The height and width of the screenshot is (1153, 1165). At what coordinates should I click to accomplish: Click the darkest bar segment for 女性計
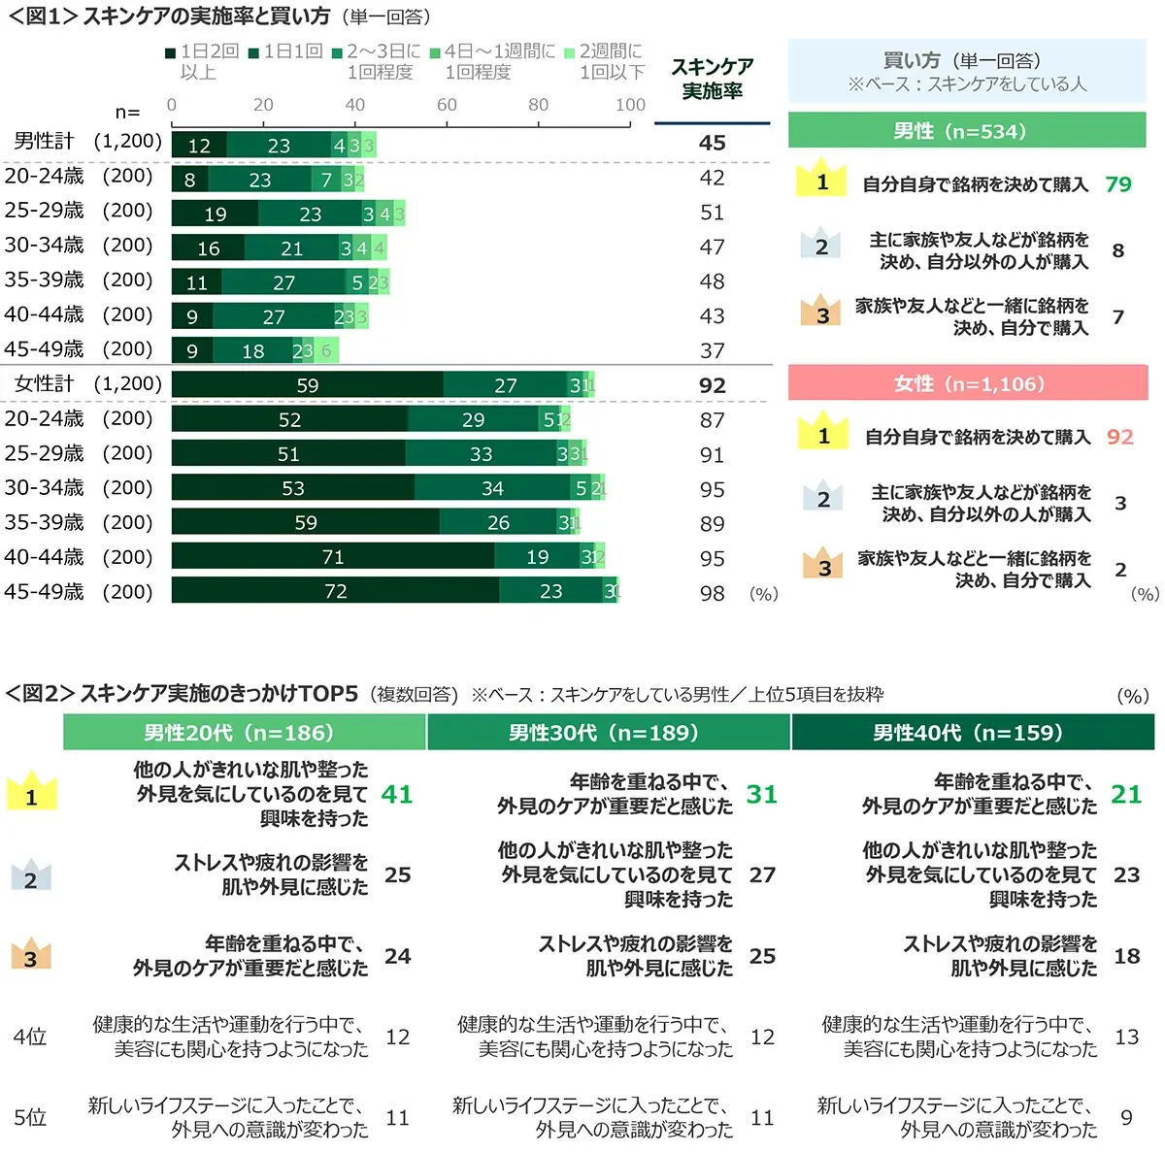click(307, 384)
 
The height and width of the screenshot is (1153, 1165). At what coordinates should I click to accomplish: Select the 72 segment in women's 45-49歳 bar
click(335, 591)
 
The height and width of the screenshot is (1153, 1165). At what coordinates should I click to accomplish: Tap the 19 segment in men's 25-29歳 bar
click(215, 214)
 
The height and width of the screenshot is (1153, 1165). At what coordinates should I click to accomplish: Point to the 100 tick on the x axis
click(630, 105)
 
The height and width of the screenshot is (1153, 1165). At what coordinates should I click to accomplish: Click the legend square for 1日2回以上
click(171, 52)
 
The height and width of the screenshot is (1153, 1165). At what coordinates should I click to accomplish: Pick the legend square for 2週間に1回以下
click(570, 52)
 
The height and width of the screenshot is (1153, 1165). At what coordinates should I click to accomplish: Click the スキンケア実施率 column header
click(712, 79)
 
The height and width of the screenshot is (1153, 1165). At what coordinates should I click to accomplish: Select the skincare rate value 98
click(712, 593)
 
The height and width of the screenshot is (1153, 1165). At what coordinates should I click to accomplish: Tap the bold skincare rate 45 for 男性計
click(712, 143)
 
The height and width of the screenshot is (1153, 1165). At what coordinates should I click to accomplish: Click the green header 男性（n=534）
click(967, 131)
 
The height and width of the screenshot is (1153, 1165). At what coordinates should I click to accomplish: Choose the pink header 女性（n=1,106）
click(968, 383)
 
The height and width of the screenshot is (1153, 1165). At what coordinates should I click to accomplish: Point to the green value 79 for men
click(1117, 184)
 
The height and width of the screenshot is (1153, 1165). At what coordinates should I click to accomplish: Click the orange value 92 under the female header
click(1119, 437)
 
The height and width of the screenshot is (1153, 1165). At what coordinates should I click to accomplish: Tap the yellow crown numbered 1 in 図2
click(31, 793)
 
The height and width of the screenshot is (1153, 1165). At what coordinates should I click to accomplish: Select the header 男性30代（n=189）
click(608, 733)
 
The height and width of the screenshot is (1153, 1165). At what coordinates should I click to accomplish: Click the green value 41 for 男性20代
click(397, 794)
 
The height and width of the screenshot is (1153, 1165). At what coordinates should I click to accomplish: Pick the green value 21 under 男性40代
click(1126, 794)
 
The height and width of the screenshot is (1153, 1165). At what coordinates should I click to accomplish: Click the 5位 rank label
click(30, 1117)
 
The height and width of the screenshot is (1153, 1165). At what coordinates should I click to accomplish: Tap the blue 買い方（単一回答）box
click(967, 71)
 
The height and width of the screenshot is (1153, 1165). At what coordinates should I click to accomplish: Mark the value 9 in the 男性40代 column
click(1126, 1117)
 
